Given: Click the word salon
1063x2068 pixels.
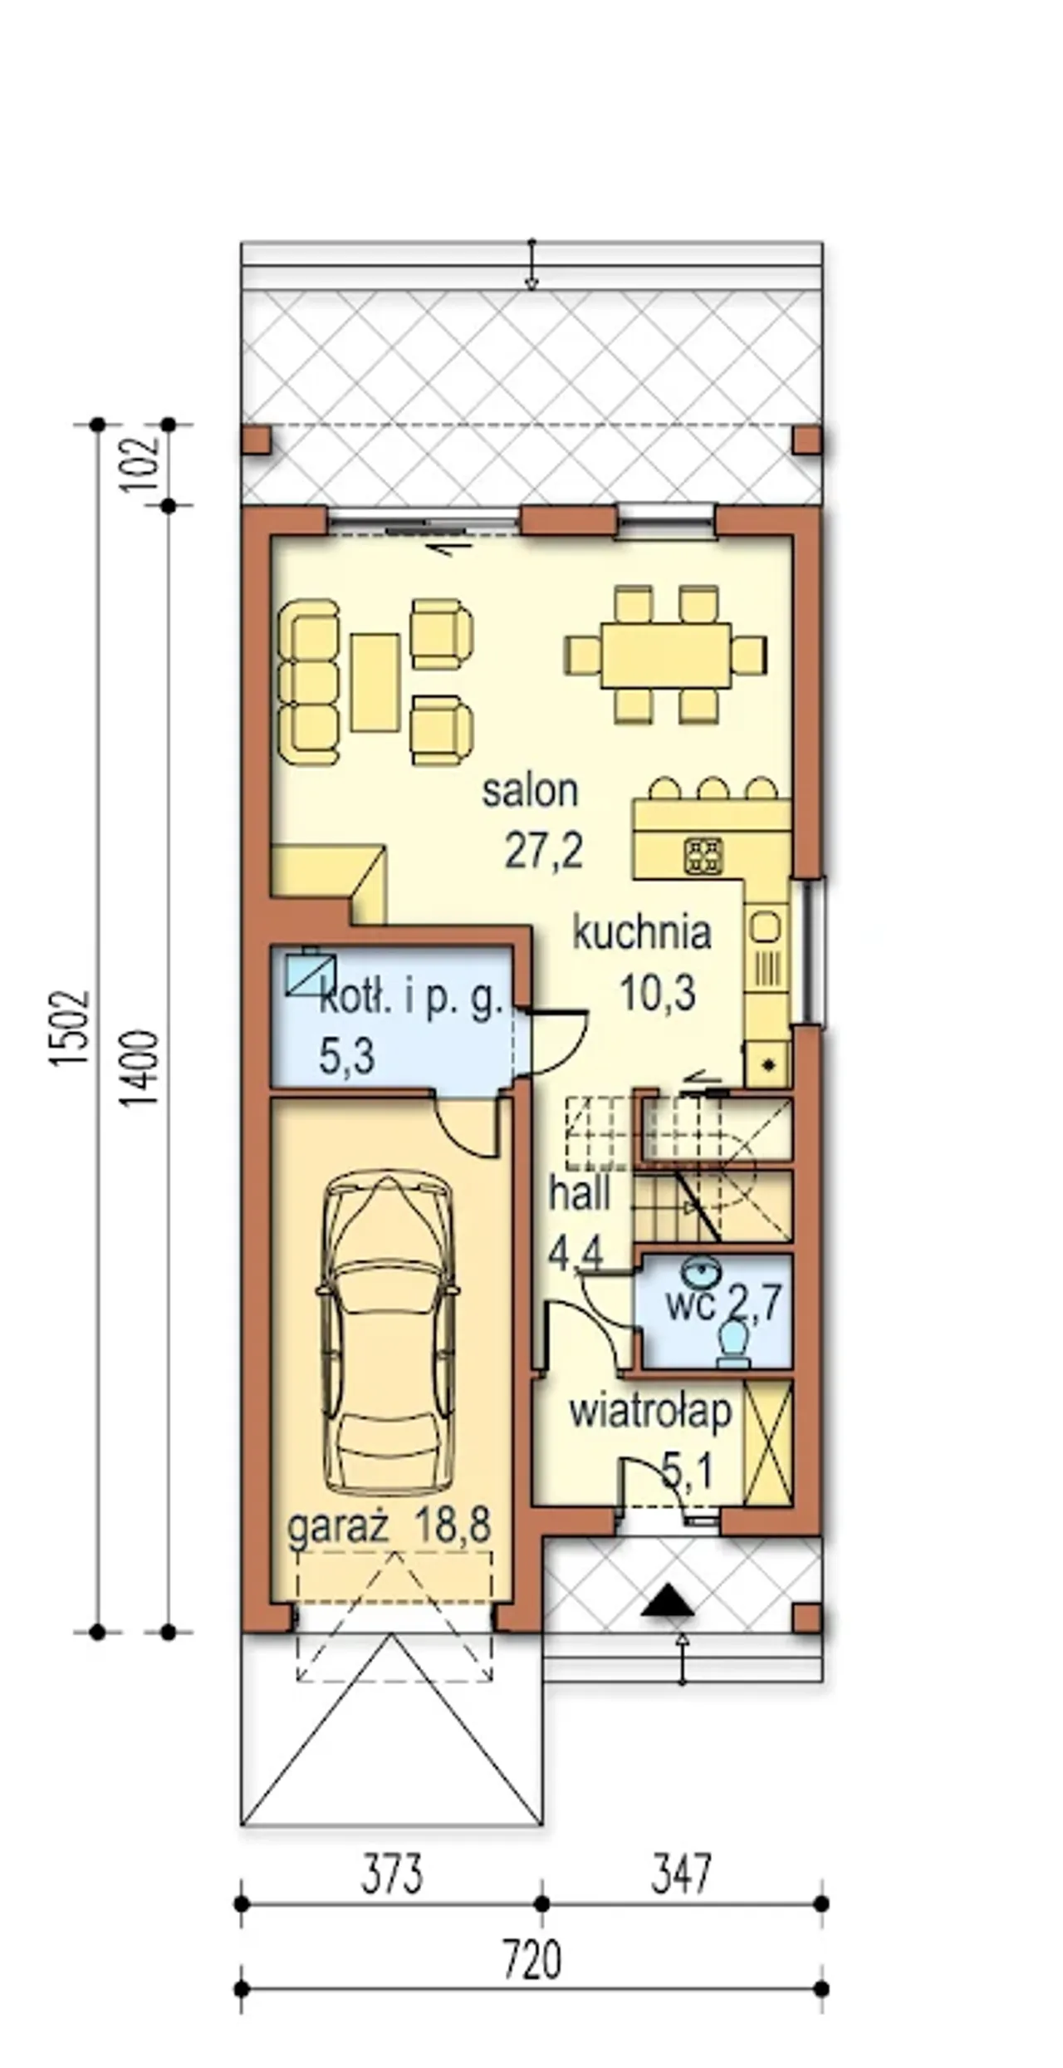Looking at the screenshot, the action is (530, 792).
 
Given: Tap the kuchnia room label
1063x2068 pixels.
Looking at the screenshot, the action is (642, 934).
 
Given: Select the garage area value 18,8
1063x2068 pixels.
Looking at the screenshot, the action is (453, 1526).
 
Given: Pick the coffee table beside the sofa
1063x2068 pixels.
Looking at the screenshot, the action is (375, 682).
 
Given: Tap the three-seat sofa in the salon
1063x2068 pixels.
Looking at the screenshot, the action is (309, 682).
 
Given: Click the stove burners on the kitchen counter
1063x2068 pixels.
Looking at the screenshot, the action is (703, 856).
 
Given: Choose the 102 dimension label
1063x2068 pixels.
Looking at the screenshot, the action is (142, 464).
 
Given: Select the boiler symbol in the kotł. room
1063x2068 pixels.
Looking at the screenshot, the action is (311, 972).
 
